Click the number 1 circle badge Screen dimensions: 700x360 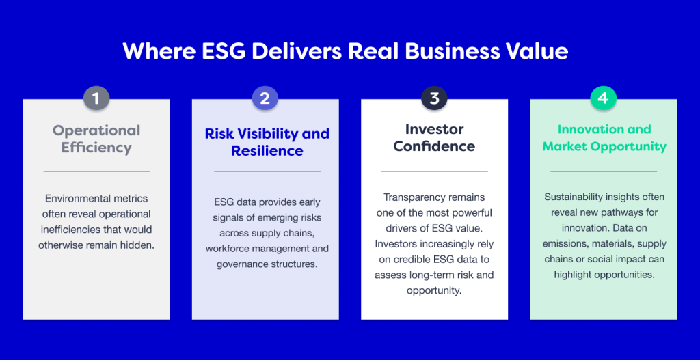point(96,98)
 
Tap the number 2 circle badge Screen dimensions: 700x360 point(265,98)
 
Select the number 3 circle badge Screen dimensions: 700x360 point(434,98)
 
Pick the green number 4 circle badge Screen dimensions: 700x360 point(604,98)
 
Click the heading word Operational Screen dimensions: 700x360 point(96,130)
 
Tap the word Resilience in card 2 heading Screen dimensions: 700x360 point(267,150)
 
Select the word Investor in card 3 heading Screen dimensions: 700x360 point(434,129)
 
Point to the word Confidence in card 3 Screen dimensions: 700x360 point(434,146)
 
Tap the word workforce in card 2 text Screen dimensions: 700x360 point(226,249)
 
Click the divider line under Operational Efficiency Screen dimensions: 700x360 point(96,171)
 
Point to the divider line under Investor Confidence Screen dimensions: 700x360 point(434,171)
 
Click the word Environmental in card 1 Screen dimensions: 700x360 point(72,198)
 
